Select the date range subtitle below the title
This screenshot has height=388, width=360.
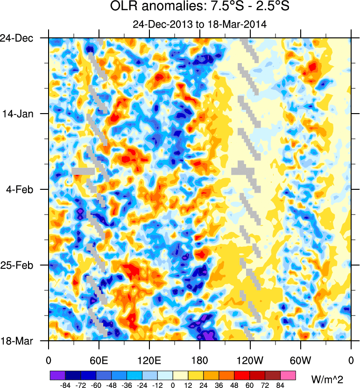click(199, 24)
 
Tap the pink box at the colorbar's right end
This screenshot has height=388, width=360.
click(289, 375)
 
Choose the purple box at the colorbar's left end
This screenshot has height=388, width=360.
click(57, 375)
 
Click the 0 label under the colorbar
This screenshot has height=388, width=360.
click(173, 385)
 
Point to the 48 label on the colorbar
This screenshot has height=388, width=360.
click(234, 385)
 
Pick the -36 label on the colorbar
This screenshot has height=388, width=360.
click(127, 385)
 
